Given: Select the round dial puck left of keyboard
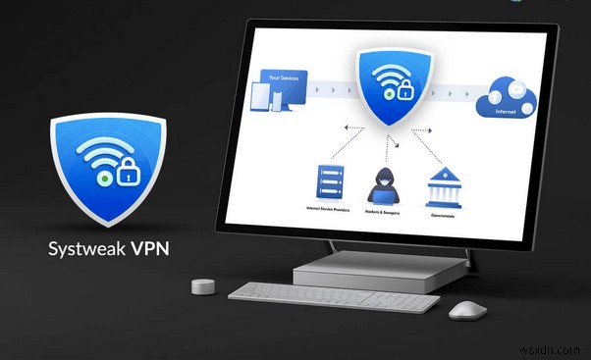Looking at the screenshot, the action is pos(202,287).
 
